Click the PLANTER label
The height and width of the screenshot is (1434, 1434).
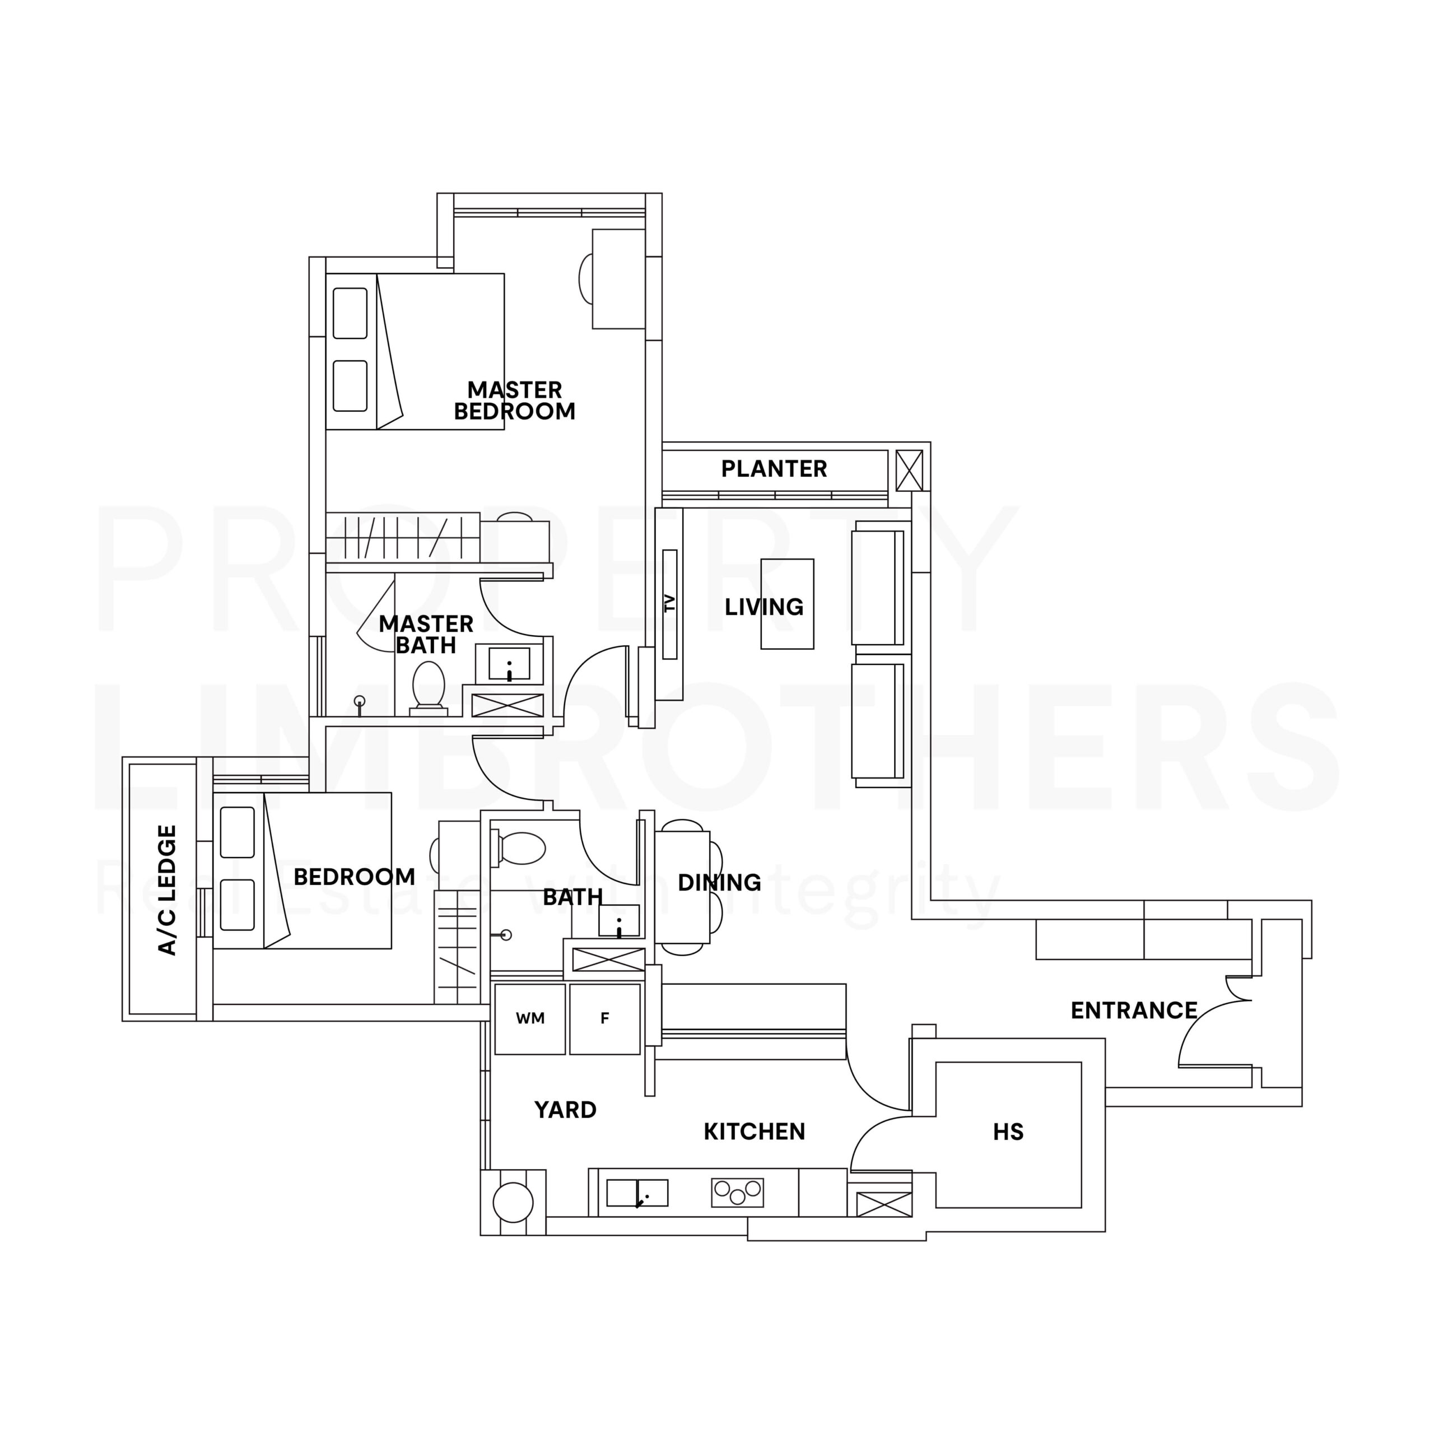(x=774, y=468)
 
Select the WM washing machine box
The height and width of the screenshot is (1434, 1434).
(x=530, y=1019)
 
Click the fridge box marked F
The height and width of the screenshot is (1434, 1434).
(x=605, y=1019)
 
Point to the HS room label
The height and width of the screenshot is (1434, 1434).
(x=1008, y=1132)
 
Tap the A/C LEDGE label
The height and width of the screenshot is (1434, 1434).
(x=167, y=890)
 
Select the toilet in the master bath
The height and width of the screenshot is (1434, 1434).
(x=429, y=687)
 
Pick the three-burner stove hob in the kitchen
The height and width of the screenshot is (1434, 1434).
(x=737, y=1193)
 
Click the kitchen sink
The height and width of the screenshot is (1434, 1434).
(x=637, y=1193)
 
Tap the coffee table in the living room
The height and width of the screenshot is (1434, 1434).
(x=787, y=604)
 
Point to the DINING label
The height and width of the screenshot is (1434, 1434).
(x=719, y=882)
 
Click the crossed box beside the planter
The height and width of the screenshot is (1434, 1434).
(x=909, y=471)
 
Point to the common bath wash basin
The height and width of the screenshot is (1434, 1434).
(x=619, y=920)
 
